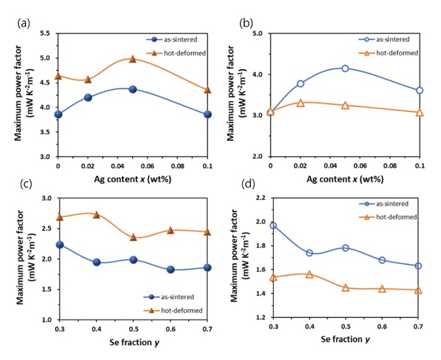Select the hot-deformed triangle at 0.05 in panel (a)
tap(132, 59)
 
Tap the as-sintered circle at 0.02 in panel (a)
tap(88, 97)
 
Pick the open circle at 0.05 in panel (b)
tap(345, 68)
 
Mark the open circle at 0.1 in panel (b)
tap(420, 90)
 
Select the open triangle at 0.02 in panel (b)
tap(301, 103)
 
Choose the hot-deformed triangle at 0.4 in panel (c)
tap(96, 214)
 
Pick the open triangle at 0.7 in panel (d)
tap(418, 290)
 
